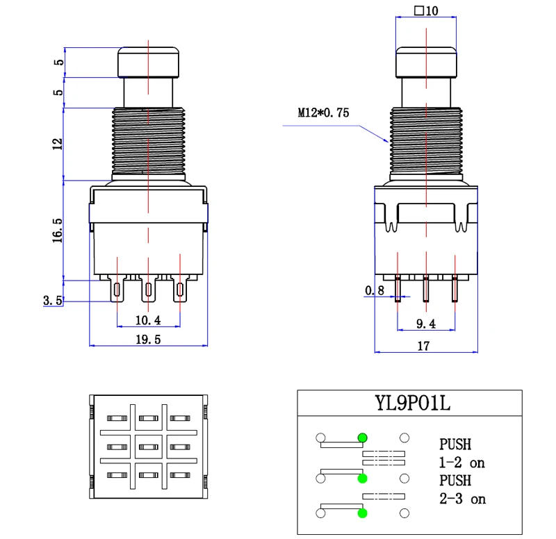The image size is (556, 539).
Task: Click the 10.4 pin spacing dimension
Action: tap(148, 320)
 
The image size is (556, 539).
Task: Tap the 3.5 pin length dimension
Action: tap(52, 301)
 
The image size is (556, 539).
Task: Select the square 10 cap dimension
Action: tap(426, 11)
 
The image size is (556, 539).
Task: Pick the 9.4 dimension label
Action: tap(425, 323)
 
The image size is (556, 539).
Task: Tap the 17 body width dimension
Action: tap(426, 345)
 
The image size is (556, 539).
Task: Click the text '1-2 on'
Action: tap(463, 461)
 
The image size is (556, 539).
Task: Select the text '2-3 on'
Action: tap(463, 499)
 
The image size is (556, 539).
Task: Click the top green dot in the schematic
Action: tap(362, 438)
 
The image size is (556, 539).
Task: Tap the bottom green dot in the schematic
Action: tap(362, 513)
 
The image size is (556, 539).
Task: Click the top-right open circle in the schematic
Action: tap(404, 438)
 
